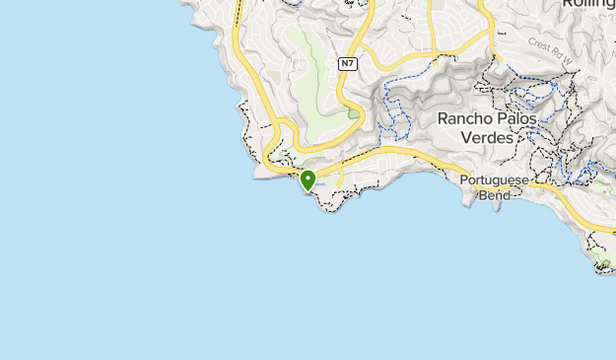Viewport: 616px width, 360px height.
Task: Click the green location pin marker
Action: coord(308,180)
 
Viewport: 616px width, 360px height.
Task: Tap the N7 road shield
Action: coord(346,64)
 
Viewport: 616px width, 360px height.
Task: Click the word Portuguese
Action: coord(496,180)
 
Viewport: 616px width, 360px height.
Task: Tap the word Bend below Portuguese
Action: coord(495,195)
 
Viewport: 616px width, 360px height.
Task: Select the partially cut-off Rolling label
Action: coord(588,4)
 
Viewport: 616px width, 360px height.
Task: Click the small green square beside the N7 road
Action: coord(353,113)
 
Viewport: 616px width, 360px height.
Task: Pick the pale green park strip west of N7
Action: coord(315,69)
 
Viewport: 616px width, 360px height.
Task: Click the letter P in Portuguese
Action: coord(464,180)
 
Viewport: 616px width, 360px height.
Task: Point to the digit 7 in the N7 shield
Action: coord(350,64)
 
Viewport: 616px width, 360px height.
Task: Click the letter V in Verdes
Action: coord(466,138)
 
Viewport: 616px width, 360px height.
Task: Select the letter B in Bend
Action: coord(483,195)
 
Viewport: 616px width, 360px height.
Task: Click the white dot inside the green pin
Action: coord(308,178)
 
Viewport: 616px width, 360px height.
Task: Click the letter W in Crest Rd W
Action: coord(569,51)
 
